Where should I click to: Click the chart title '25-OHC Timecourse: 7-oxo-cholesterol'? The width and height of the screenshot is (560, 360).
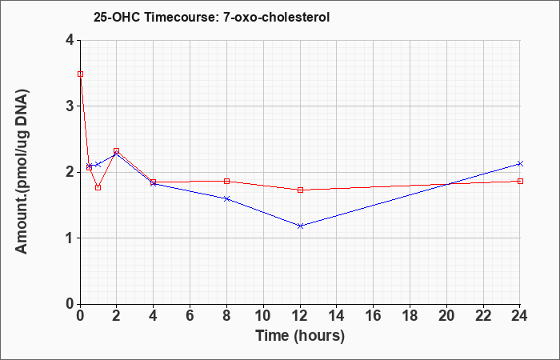211,17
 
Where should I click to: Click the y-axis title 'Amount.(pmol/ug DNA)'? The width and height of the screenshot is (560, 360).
22,172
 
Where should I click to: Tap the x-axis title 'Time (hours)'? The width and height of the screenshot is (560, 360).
300,336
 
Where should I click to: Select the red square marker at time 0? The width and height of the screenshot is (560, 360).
80,74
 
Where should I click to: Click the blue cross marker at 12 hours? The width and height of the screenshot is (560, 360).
300,226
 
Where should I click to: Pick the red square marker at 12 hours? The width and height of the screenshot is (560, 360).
300,190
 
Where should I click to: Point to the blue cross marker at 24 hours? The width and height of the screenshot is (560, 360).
520,163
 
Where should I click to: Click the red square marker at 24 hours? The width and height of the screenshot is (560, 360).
520,181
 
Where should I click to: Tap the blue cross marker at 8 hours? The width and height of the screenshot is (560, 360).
226,198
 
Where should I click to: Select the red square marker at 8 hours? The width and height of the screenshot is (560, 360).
226,181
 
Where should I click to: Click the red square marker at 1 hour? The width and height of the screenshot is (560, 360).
98,187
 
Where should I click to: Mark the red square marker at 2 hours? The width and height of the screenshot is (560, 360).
117,150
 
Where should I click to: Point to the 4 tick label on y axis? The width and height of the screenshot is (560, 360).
70,40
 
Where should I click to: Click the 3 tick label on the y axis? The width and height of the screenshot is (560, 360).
70,106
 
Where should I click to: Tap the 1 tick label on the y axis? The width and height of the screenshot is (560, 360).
70,238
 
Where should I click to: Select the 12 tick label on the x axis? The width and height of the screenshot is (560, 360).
300,316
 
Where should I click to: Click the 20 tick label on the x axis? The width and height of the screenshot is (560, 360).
446,316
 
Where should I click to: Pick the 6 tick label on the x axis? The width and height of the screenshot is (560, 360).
190,316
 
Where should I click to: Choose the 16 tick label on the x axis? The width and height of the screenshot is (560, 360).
374,316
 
